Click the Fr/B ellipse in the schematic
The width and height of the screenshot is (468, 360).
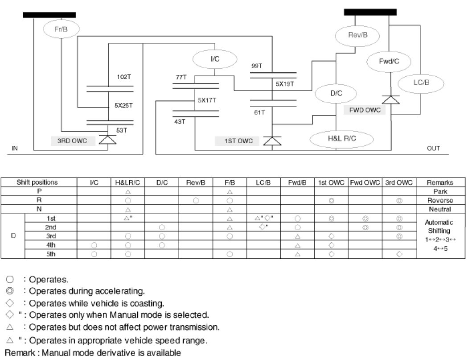pyautogui.click(x=61, y=29)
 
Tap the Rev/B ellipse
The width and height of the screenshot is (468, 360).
pyautogui.click(x=357, y=35)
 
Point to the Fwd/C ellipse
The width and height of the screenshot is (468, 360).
pyautogui.click(x=389, y=62)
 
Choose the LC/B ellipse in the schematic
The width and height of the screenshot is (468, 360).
pyautogui.click(x=421, y=83)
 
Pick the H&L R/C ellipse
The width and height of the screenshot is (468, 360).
pyautogui.click(x=335, y=139)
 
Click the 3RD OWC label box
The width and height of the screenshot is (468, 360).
pyautogui.click(x=72, y=141)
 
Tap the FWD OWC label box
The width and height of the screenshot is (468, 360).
pyautogui.click(x=365, y=110)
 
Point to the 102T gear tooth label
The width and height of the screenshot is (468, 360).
pyautogui.click(x=123, y=77)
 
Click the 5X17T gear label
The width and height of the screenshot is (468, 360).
pyautogui.click(x=207, y=100)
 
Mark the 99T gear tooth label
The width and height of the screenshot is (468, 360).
pyautogui.click(x=257, y=66)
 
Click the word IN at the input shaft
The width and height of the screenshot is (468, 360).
pyautogui.click(x=15, y=149)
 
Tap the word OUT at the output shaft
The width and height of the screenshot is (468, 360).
pyautogui.click(x=433, y=149)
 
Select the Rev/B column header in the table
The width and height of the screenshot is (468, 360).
pyautogui.click(x=196, y=182)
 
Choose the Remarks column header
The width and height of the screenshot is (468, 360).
pyautogui.click(x=439, y=182)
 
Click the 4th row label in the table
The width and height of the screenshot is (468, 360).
pyautogui.click(x=51, y=245)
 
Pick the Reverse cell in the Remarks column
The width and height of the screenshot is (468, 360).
pyautogui.click(x=439, y=200)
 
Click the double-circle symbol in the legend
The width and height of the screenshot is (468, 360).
pyautogui.click(x=10, y=291)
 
